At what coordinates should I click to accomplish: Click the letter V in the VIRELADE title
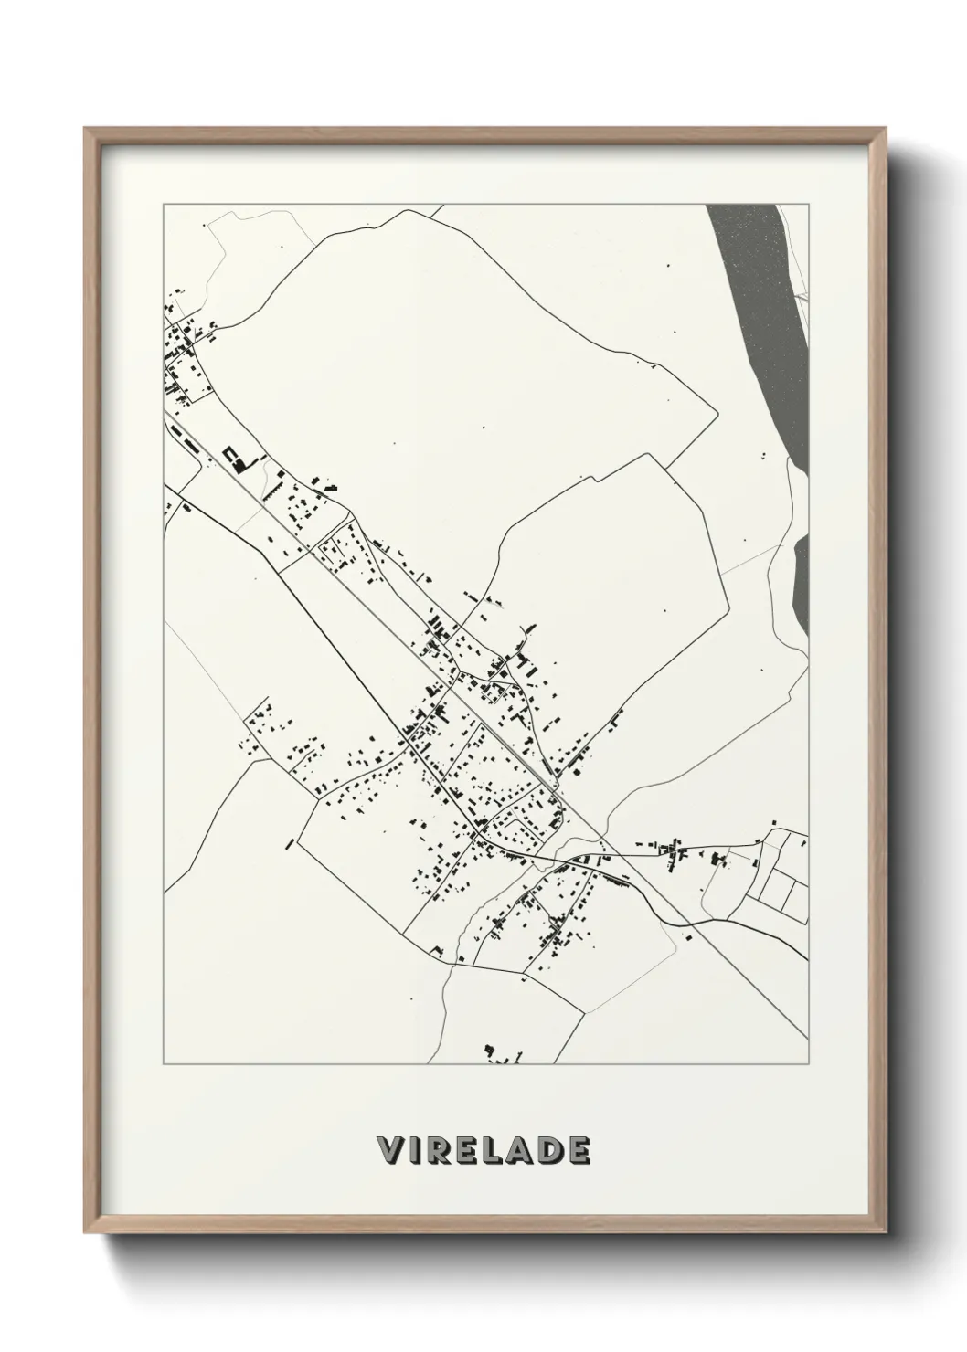(x=389, y=1150)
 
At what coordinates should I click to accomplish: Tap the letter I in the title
(x=417, y=1150)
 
